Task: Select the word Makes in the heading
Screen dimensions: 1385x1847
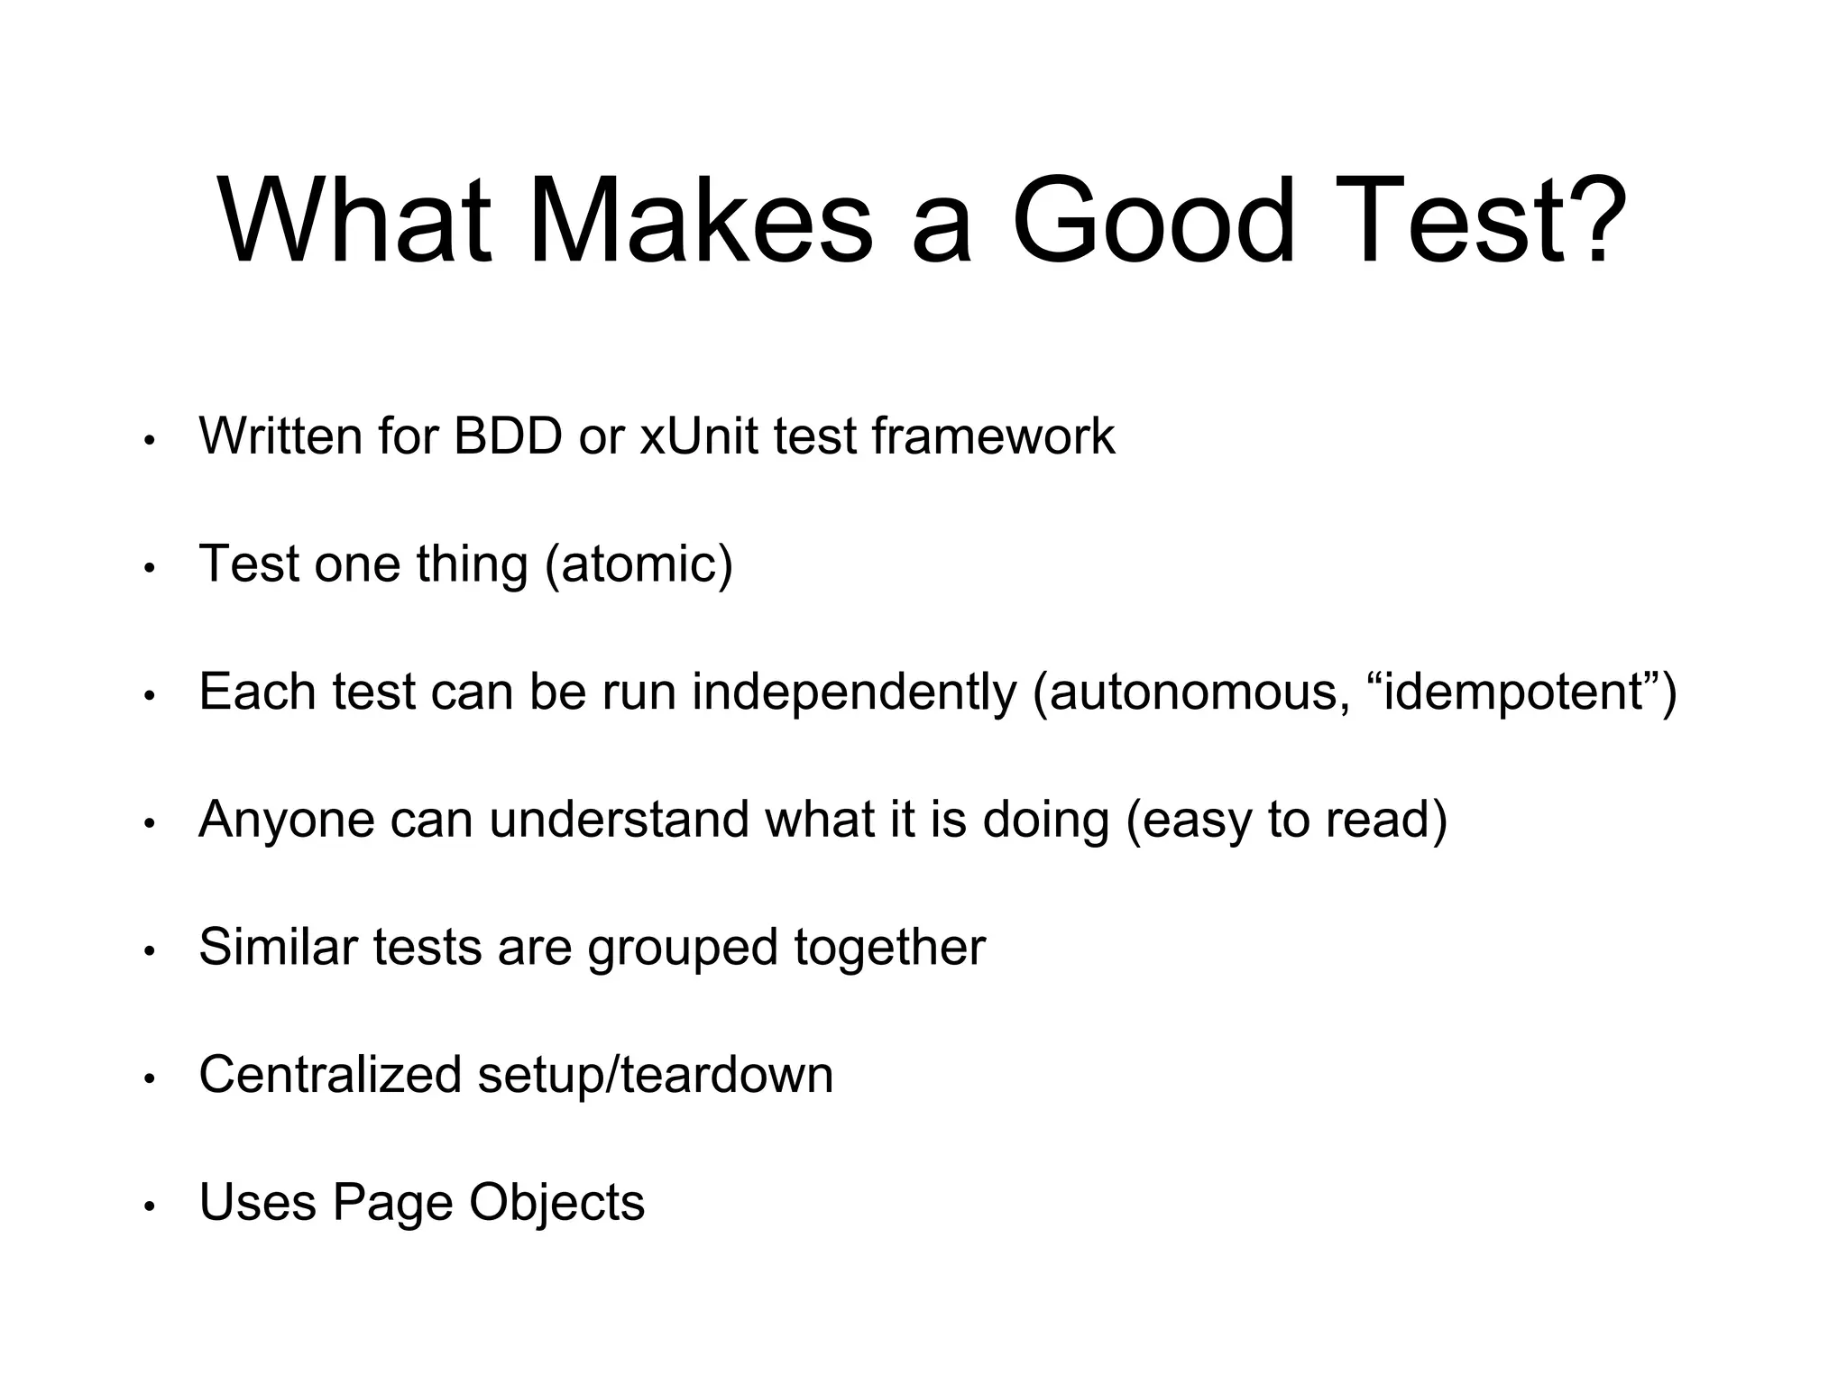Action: (x=700, y=221)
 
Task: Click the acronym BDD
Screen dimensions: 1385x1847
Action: (x=508, y=436)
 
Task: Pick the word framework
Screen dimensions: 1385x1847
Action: (x=993, y=436)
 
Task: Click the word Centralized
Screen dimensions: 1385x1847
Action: (x=330, y=1075)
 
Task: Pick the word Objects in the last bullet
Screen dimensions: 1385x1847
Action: (x=556, y=1203)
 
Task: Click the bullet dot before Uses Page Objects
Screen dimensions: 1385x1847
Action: (x=150, y=1206)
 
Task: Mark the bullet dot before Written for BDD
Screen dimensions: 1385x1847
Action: (x=150, y=441)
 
